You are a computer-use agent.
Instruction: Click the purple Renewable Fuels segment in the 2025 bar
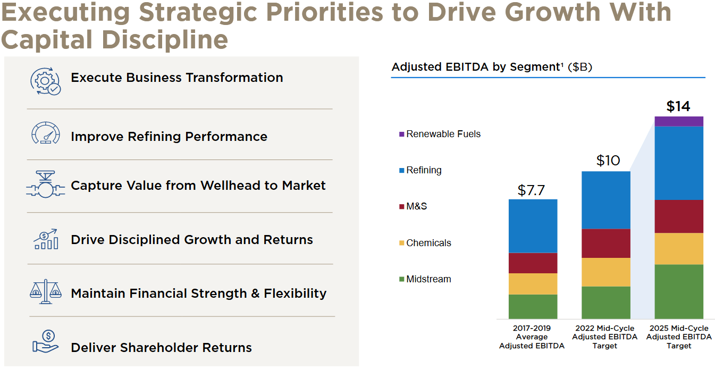pyautogui.click(x=679, y=121)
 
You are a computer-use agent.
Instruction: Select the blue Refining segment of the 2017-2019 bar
pyautogui.click(x=533, y=226)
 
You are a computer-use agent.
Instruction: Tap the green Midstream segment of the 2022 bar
pyautogui.click(x=606, y=303)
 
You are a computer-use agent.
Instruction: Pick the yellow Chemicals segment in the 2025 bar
pyautogui.click(x=679, y=249)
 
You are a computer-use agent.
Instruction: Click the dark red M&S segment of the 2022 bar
pyautogui.click(x=606, y=244)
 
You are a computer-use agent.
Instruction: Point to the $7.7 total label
pyautogui.click(x=531, y=190)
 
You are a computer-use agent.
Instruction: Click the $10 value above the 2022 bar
pyautogui.click(x=608, y=161)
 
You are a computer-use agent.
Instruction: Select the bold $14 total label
pyautogui.click(x=678, y=106)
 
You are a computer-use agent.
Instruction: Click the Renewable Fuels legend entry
pyautogui.click(x=440, y=134)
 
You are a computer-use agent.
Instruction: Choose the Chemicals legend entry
pyautogui.click(x=425, y=243)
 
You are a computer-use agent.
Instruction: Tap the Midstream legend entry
pyautogui.click(x=425, y=279)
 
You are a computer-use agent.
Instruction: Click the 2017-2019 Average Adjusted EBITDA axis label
pyautogui.click(x=532, y=337)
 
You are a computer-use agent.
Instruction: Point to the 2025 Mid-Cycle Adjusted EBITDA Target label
pyautogui.click(x=679, y=337)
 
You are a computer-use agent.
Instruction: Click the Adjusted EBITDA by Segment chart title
pyautogui.click(x=492, y=67)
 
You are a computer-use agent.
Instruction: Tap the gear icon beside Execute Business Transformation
pyautogui.click(x=45, y=81)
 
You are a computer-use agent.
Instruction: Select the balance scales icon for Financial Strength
pyautogui.click(x=45, y=291)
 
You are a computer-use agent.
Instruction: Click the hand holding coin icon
pyautogui.click(x=46, y=342)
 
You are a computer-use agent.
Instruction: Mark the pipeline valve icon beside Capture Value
pyautogui.click(x=45, y=184)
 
